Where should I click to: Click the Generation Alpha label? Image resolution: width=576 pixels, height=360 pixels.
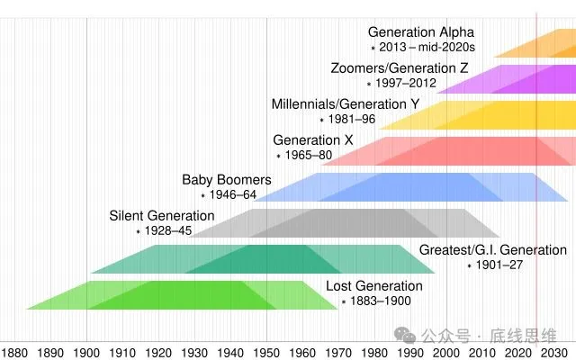click(x=420, y=32)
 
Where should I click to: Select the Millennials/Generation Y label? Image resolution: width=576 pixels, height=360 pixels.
click(x=346, y=104)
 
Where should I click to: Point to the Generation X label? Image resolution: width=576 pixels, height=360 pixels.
click(x=313, y=140)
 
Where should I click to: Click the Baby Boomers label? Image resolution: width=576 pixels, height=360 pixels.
click(x=226, y=180)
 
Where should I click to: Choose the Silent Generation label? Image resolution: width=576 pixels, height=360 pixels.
click(x=162, y=216)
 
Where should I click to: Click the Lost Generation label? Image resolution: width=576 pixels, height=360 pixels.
click(x=373, y=286)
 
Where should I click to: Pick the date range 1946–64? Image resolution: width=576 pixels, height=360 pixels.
click(x=233, y=195)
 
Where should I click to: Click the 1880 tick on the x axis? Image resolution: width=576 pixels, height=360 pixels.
click(x=14, y=351)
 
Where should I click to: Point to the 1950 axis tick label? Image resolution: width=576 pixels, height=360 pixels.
click(x=266, y=351)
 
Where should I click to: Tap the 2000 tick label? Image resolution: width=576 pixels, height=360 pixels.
click(x=445, y=351)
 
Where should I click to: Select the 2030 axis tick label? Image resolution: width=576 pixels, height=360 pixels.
click(x=553, y=351)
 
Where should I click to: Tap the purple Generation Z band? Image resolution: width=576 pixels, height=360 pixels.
click(x=504, y=79)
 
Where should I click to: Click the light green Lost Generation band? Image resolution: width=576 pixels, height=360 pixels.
click(x=180, y=295)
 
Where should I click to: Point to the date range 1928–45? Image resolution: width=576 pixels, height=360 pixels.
click(x=167, y=231)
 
